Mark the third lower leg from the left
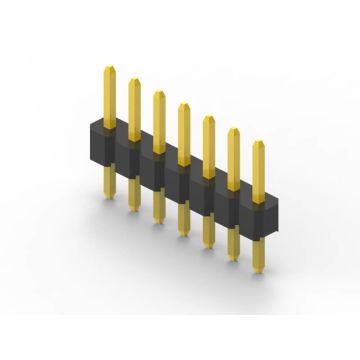(158, 207)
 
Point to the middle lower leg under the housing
(183, 220)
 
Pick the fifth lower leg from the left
(208, 232)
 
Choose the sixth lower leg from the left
(233, 244)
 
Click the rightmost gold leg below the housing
(258, 256)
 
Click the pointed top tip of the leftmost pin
(108, 66)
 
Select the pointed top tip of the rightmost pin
(258, 141)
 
